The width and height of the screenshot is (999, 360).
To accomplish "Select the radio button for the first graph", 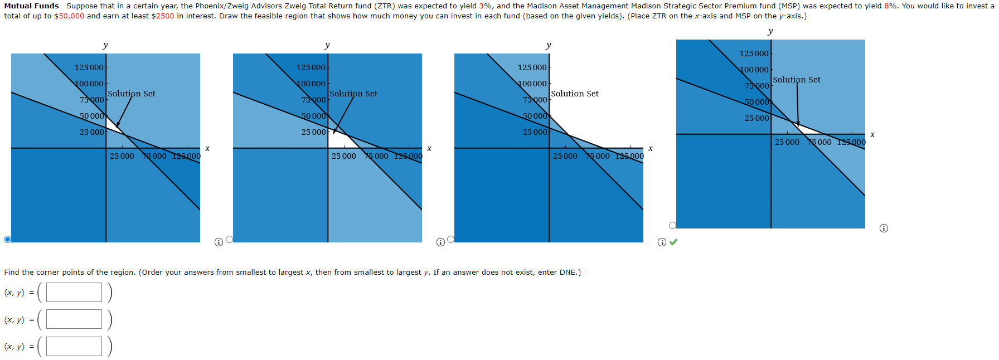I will [x=7, y=239].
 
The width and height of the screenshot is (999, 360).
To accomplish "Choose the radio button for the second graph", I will [x=229, y=239].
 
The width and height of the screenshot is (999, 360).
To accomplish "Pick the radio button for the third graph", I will [x=450, y=239].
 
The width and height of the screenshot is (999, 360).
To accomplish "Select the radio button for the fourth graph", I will [x=672, y=225].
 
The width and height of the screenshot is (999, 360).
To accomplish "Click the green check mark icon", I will [x=673, y=242].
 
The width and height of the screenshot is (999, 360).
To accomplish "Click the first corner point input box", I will [x=74, y=292].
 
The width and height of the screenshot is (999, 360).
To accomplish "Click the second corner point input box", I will [x=74, y=319].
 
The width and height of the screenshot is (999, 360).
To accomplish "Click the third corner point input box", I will [x=74, y=346].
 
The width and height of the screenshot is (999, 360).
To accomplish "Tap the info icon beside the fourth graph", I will [x=884, y=228].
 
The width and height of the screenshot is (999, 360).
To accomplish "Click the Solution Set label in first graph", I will [x=132, y=94].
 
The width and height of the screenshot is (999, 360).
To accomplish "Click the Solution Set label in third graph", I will [x=575, y=94].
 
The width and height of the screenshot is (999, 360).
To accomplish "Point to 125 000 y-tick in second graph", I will [x=311, y=67].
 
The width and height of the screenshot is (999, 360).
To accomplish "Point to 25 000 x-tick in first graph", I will [x=122, y=156].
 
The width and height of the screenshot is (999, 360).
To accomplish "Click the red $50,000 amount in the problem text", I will [x=69, y=16].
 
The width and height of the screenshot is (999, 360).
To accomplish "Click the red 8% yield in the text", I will [x=890, y=6].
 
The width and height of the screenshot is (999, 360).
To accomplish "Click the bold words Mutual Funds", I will [x=31, y=6].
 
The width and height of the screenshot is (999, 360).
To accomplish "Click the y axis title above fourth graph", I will [x=770, y=31].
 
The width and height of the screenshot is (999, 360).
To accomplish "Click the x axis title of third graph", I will [x=651, y=148].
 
